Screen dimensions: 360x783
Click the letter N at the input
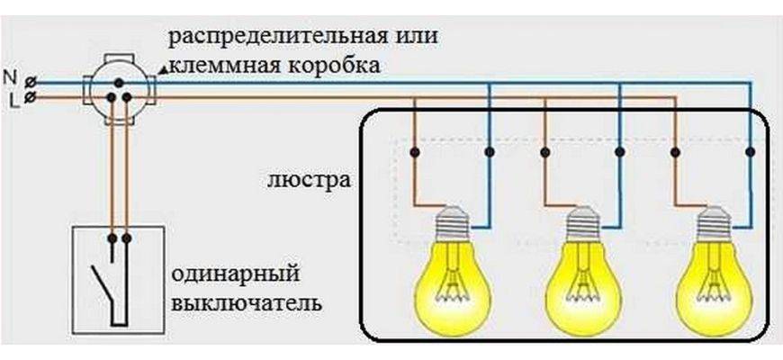tap(11, 77)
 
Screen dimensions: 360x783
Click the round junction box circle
tap(120, 87)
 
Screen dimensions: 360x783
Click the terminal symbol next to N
tap(31, 79)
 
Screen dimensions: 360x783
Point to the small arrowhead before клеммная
tap(162, 68)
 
